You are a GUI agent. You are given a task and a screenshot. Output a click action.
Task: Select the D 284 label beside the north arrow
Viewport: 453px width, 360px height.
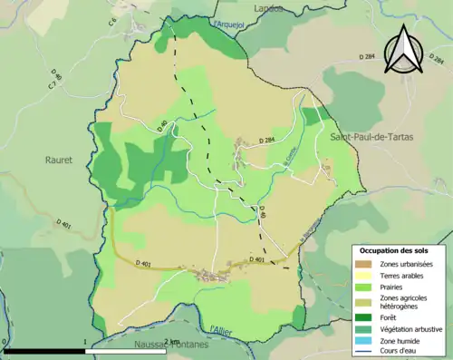tap(366, 57)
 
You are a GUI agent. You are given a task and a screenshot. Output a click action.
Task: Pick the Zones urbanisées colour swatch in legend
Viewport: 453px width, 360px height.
tap(362, 264)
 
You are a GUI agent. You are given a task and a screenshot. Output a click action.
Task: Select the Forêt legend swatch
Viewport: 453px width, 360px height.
tap(362, 316)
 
